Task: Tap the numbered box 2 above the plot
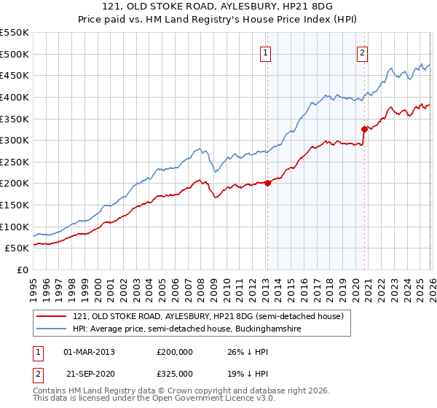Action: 362,52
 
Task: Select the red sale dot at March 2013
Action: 267,183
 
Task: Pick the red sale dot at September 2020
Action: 365,129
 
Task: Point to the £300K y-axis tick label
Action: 15,140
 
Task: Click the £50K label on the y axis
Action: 17,248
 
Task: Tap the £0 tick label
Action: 23,270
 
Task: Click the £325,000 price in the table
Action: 174,373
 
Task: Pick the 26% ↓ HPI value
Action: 243,352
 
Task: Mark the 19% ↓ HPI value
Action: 243,373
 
